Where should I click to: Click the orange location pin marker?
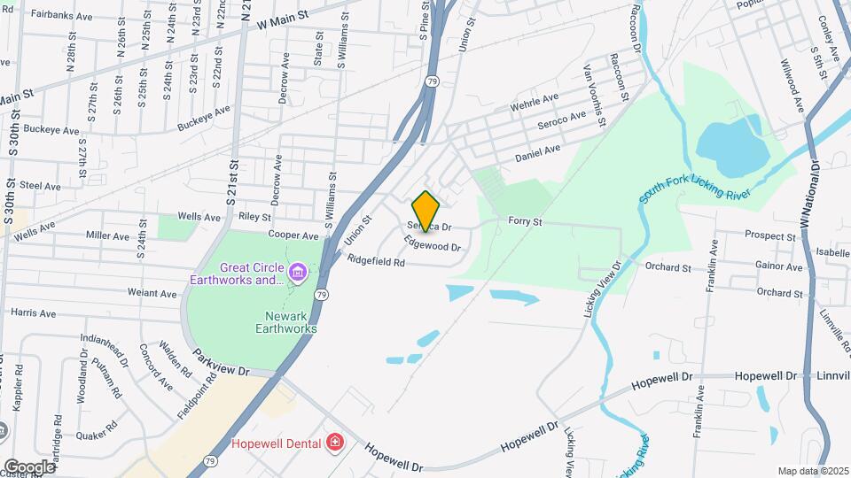tap(425, 211)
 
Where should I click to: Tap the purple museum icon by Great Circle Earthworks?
tap(297, 269)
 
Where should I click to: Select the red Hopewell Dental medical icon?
tap(335, 442)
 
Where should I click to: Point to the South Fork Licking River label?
tap(696, 193)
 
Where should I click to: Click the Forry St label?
tap(525, 220)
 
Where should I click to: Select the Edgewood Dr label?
tap(433, 243)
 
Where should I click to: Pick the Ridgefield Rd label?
tap(376, 261)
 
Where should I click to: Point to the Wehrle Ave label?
tap(535, 103)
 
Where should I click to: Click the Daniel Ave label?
tap(539, 154)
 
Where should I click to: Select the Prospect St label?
tap(770, 236)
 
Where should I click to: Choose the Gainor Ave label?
tap(779, 266)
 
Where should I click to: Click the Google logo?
tap(28, 466)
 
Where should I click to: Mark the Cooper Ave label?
tap(293, 236)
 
